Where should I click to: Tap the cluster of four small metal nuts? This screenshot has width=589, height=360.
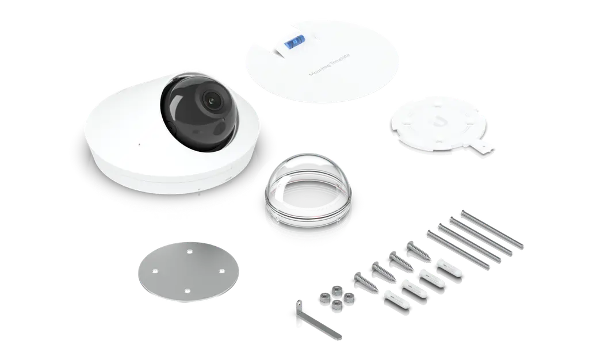[334, 298]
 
